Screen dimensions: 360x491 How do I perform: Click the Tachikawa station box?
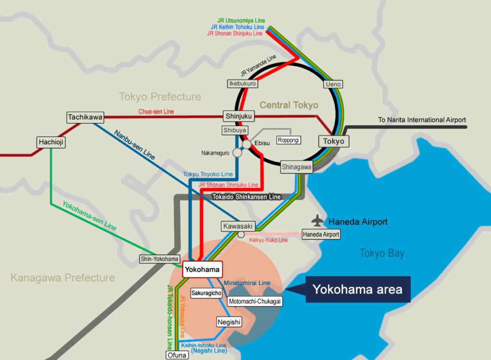click(x=80, y=117)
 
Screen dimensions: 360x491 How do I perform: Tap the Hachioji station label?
click(x=50, y=142)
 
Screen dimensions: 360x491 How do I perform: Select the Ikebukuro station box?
click(x=242, y=84)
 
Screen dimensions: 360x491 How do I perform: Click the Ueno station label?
click(x=333, y=84)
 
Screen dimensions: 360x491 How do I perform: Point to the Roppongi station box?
click(x=288, y=140)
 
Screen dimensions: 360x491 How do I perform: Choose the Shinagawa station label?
click(x=296, y=167)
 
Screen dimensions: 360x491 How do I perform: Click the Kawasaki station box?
click(x=237, y=226)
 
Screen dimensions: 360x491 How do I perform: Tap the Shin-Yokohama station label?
click(x=160, y=259)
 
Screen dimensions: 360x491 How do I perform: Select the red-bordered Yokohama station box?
click(x=202, y=269)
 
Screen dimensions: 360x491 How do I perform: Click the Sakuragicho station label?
click(x=206, y=293)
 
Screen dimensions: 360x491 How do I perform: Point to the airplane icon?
click(x=317, y=221)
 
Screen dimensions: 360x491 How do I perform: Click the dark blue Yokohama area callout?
click(x=357, y=289)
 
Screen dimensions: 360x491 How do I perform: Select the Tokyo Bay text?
click(x=382, y=254)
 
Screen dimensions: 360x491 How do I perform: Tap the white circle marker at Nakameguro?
click(x=237, y=152)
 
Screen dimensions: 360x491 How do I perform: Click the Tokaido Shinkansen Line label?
click(x=246, y=197)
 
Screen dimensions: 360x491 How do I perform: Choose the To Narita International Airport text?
click(x=421, y=120)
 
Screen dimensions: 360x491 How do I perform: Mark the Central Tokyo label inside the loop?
click(x=289, y=105)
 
